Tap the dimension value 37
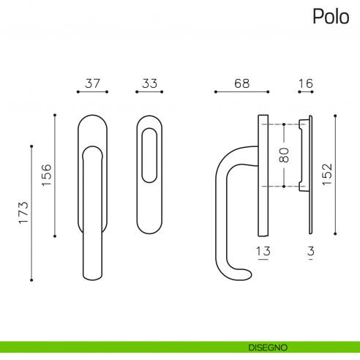[x=92, y=83]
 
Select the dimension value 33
[x=149, y=83]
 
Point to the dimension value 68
[x=241, y=83]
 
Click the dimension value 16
[x=306, y=83]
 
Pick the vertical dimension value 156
[x=45, y=176]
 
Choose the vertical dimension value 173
[x=23, y=212]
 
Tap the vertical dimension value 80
[x=285, y=155]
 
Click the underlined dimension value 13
[x=263, y=252]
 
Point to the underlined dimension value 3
[x=311, y=252]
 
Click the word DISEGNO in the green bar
[x=267, y=346]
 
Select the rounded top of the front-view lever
[x=92, y=151]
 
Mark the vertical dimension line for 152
[x=336, y=176]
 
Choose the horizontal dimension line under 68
[x=241, y=92]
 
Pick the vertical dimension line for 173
[x=31, y=212]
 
